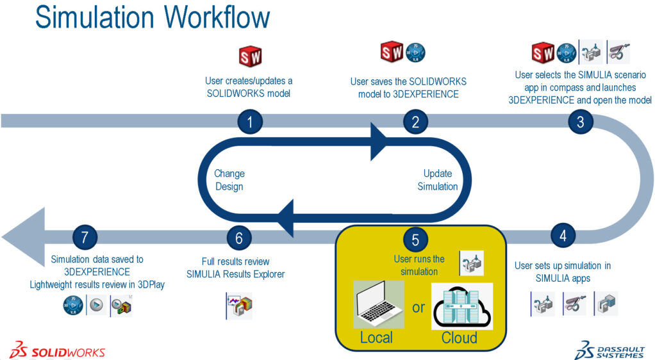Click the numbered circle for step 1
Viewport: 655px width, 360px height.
coord(249,122)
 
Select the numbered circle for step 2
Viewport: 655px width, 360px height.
coord(415,122)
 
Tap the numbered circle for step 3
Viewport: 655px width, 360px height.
coord(581,122)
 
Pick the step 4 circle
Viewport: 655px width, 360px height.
coord(563,235)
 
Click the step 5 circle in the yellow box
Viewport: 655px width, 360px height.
coord(415,240)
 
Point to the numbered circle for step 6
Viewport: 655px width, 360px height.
coord(239,238)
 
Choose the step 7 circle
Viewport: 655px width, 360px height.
coord(85,238)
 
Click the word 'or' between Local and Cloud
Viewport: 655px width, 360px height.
coord(418,307)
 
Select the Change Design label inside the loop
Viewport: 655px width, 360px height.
coord(229,180)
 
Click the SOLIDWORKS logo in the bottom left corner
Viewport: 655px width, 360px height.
coord(58,350)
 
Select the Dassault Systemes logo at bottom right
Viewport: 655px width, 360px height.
coord(610,348)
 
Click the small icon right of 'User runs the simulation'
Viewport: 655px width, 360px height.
coord(471,263)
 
